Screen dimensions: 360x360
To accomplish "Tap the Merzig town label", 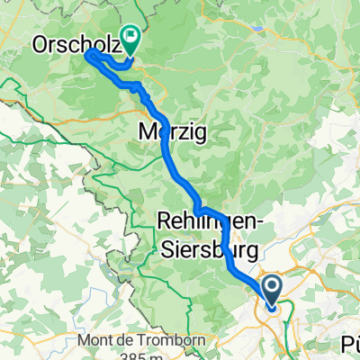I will click(174, 132).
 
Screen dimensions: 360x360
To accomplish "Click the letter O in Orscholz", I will click(40, 42).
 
